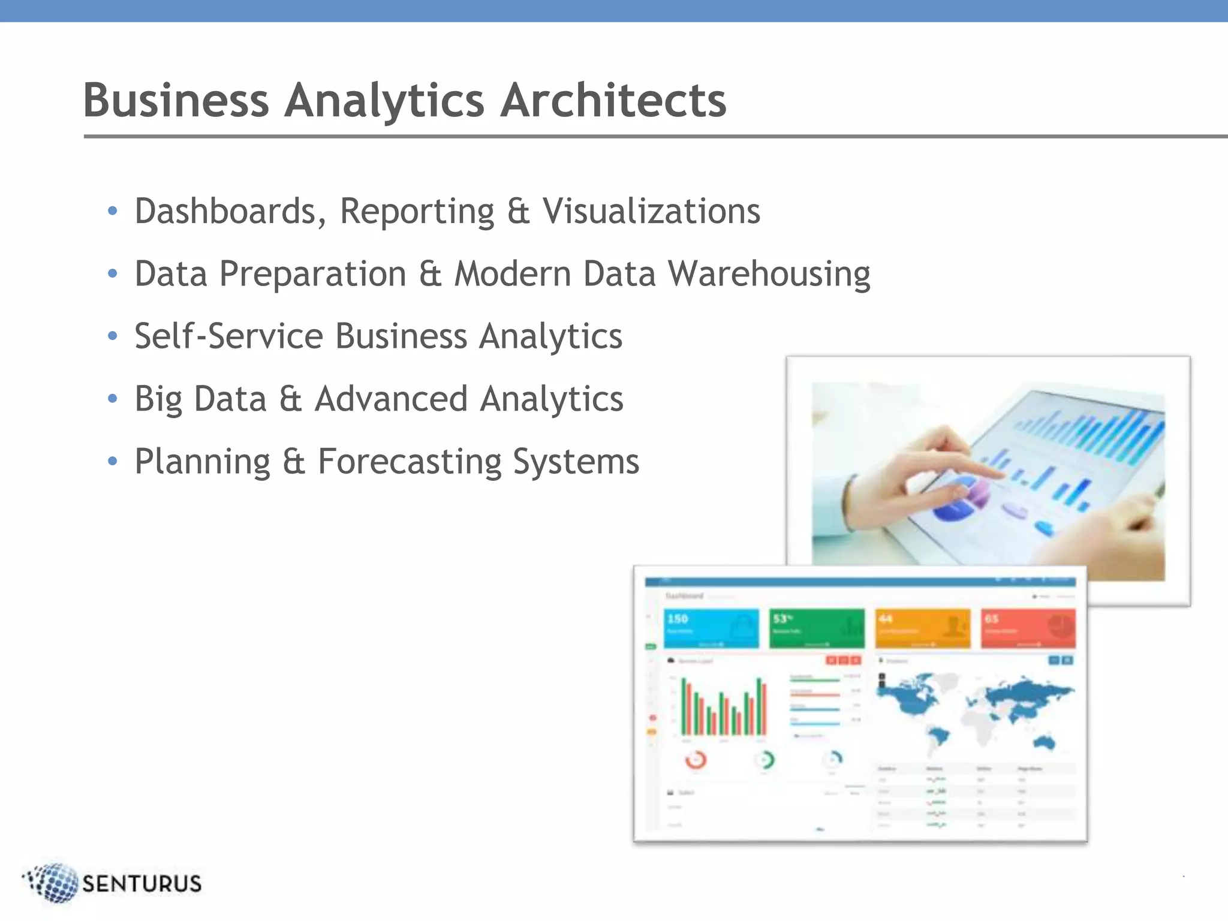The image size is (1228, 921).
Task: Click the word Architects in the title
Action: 613,100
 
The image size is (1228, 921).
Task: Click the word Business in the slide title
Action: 176,100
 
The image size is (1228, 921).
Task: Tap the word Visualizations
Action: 651,211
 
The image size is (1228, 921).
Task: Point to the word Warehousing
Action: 769,274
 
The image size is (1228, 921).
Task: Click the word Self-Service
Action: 228,336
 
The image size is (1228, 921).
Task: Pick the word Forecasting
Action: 409,462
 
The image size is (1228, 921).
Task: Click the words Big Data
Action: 200,399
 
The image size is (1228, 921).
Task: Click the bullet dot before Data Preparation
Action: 112,274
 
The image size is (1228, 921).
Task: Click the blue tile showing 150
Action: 711,628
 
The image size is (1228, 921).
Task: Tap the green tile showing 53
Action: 817,628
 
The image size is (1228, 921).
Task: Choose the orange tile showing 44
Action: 922,628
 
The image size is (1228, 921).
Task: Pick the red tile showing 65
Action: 1028,628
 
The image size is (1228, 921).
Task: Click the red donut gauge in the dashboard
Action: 696,760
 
